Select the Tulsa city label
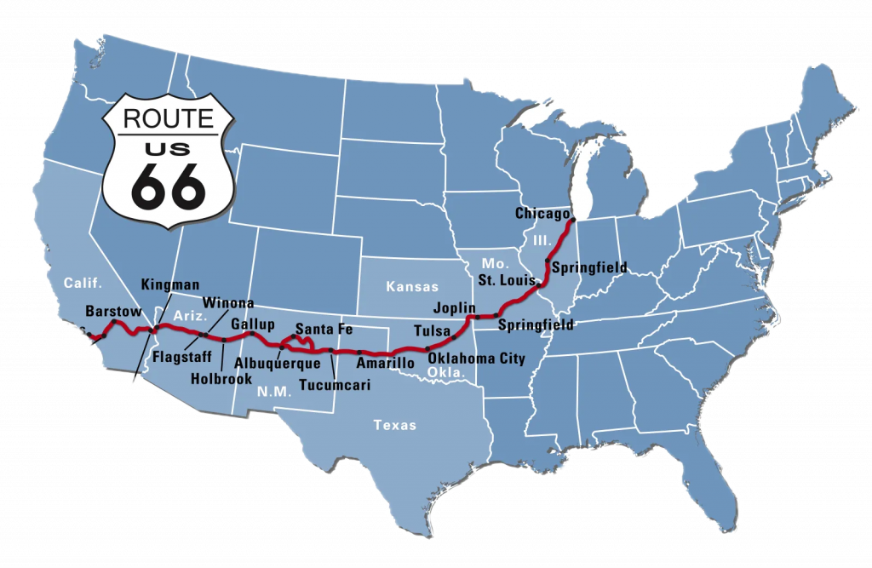432,330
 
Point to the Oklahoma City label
476,359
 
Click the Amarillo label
386,363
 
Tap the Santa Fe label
324,329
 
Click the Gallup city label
253,324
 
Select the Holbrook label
219,378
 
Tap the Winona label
228,303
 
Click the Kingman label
171,284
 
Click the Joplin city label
454,309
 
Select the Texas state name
396,425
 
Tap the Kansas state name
412,287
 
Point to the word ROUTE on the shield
168,118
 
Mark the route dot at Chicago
573,220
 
